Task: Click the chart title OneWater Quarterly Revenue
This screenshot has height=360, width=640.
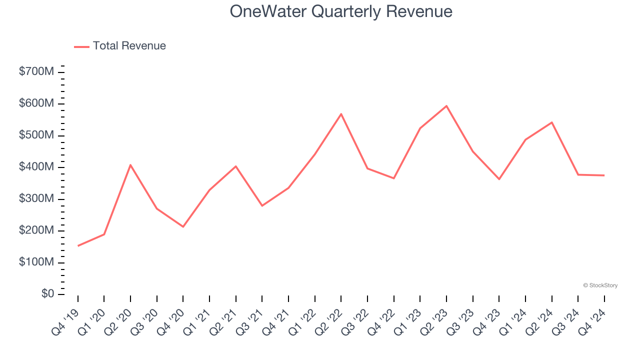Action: click(341, 11)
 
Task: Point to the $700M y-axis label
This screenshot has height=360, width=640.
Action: click(36, 72)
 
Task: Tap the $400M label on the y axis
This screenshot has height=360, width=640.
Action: click(36, 167)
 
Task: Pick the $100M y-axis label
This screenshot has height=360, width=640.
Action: click(36, 262)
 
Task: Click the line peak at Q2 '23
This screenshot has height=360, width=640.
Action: click(446, 106)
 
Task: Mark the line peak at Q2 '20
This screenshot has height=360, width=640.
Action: click(130, 165)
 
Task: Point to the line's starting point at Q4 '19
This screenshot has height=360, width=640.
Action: click(78, 246)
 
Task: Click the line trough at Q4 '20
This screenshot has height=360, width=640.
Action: click(183, 227)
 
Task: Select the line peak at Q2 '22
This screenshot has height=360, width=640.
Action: click(341, 114)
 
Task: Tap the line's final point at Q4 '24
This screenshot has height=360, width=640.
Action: click(604, 175)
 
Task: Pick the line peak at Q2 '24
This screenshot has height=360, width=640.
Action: click(551, 122)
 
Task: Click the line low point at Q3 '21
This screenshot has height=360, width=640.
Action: click(262, 205)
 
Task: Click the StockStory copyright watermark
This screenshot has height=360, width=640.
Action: click(600, 285)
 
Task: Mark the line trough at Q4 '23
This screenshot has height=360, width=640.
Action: click(499, 179)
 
